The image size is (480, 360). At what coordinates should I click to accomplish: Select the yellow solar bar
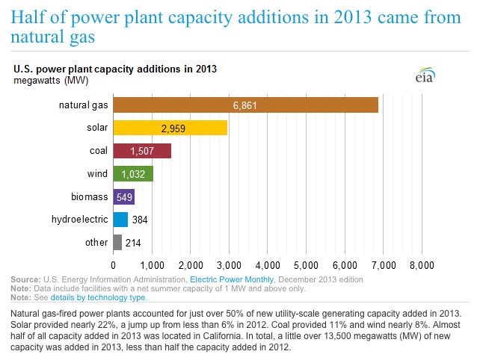tap(170, 128)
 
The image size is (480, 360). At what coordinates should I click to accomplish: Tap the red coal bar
tap(142, 151)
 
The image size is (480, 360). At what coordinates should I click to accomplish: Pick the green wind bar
tap(133, 174)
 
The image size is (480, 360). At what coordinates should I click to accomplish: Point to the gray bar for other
tap(117, 243)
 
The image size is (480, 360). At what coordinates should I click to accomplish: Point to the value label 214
tap(135, 243)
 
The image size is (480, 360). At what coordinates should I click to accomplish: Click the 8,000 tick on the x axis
tap(422, 265)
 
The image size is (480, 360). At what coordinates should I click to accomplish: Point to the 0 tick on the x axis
tap(114, 265)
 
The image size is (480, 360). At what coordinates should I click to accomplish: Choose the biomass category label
tap(89, 197)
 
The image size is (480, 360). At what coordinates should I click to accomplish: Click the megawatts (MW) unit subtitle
tap(44, 80)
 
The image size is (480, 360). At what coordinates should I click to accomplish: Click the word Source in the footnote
tap(25, 279)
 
